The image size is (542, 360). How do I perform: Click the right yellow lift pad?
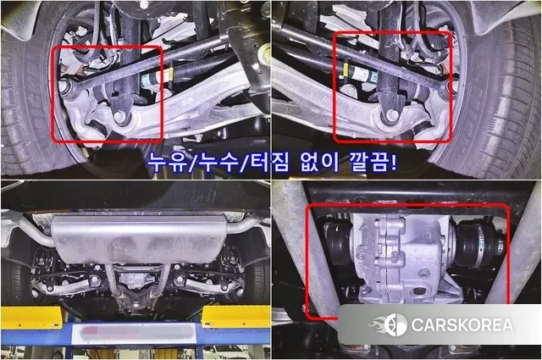click(x=235, y=316)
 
